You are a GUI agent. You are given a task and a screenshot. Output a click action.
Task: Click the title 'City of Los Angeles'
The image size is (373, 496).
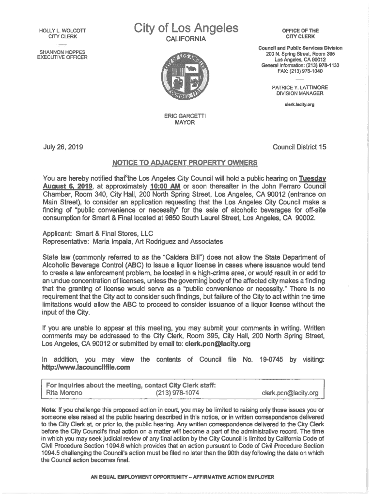(x=186, y=29)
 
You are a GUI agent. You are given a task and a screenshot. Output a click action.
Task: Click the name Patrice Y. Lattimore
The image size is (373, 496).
(x=300, y=87)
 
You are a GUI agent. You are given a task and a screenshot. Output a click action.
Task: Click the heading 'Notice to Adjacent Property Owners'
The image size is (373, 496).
(x=185, y=162)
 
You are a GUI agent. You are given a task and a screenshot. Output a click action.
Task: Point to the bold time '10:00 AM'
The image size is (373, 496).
(x=165, y=186)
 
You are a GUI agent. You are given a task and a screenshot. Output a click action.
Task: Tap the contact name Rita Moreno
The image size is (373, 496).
(x=63, y=393)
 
